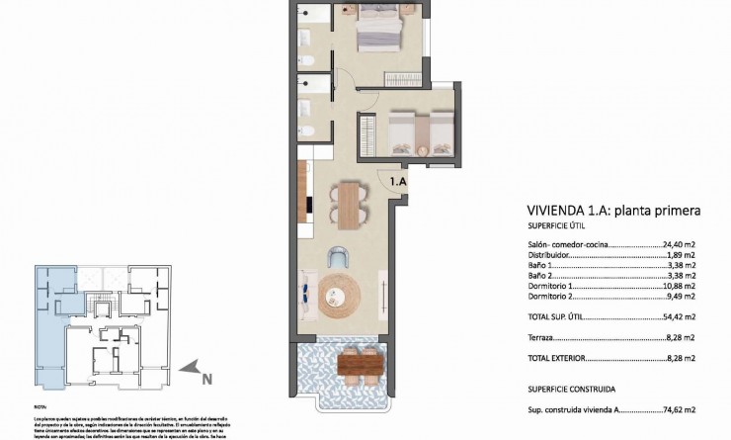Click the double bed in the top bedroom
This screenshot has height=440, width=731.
tap(381, 31)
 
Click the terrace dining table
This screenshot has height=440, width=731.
tap(360, 366)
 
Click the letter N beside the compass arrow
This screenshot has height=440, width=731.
tap(206, 378)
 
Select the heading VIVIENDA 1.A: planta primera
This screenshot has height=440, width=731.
tap(614, 211)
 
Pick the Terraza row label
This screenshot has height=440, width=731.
tap(542, 337)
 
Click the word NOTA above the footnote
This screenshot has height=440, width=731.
tap(40, 406)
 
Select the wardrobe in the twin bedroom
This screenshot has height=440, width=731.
tap(368, 133)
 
